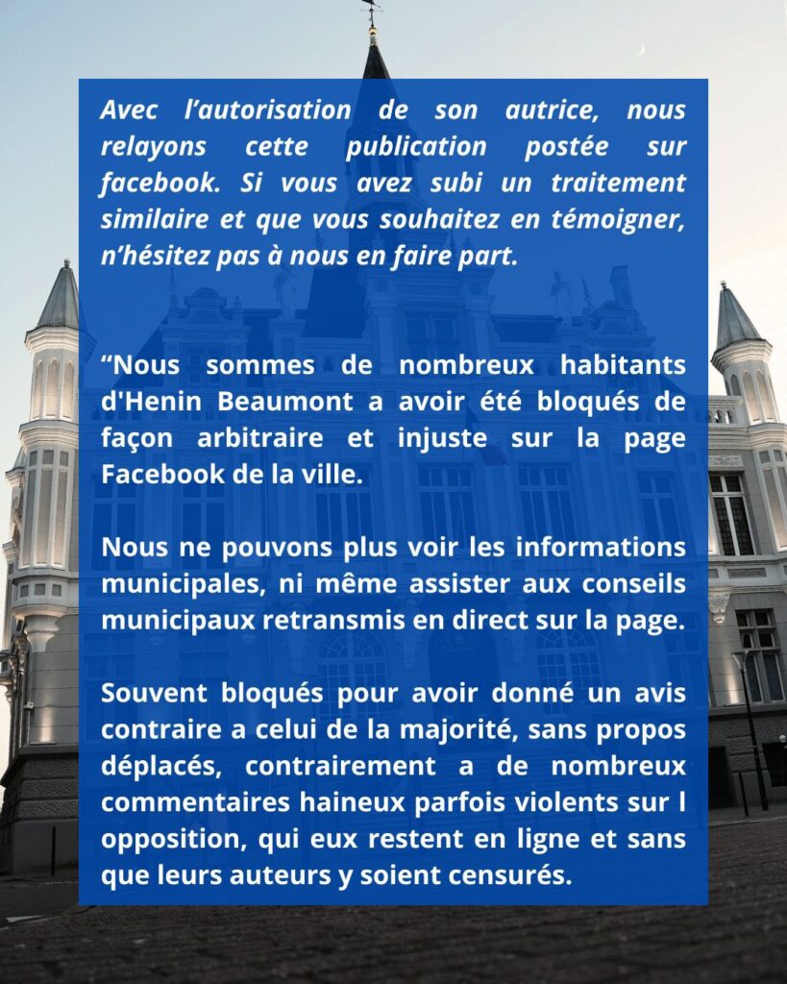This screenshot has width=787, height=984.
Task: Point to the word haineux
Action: [x=309, y=802]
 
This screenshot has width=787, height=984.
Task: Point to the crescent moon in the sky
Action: [x=641, y=49]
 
